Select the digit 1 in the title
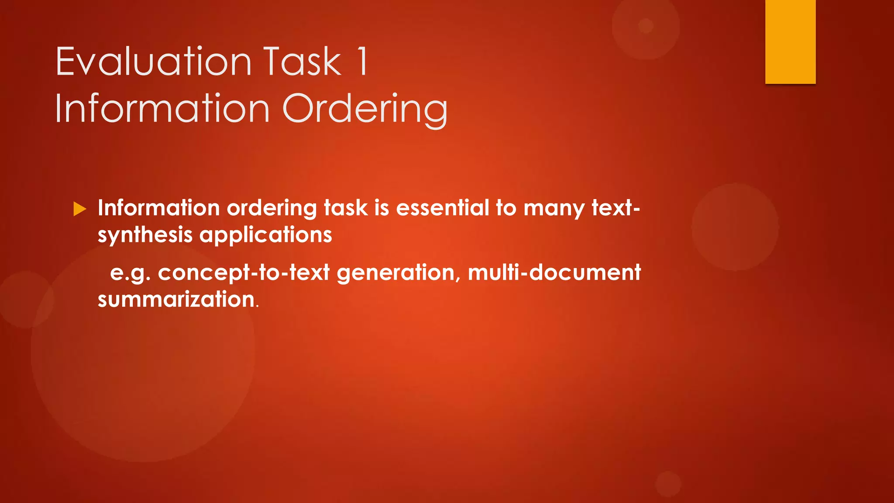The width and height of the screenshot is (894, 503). tap(362, 62)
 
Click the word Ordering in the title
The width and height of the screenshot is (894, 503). tap(365, 109)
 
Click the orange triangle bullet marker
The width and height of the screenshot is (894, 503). tap(80, 209)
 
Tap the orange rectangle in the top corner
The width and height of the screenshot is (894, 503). tap(790, 41)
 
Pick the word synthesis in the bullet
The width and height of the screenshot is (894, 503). tap(145, 235)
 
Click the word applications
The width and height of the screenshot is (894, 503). tap(265, 235)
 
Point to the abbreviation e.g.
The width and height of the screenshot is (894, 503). tap(130, 273)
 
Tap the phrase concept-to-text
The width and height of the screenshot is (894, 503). tap(244, 272)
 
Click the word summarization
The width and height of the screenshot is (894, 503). tap(176, 300)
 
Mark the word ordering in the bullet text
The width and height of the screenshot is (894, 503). tap(272, 209)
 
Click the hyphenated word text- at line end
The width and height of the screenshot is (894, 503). tap(615, 208)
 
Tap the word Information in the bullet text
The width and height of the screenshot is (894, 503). tap(158, 208)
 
